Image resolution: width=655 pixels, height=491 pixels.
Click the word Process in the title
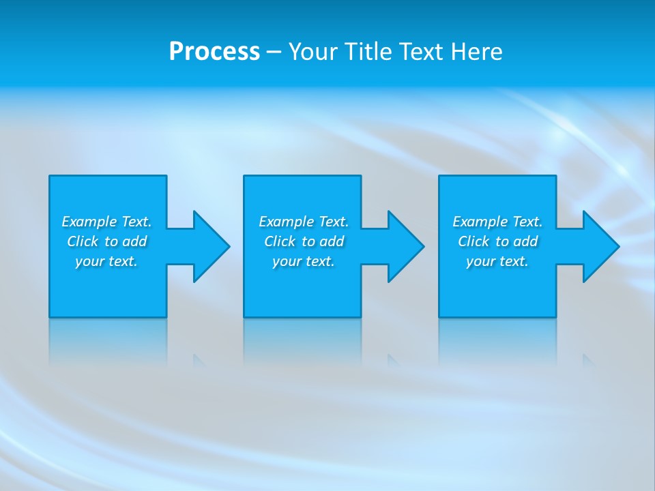[x=214, y=52]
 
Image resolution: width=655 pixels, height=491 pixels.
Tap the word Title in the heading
[x=366, y=52]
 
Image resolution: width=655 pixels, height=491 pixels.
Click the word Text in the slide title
[x=422, y=52]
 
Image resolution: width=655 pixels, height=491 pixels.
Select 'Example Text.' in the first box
[x=106, y=222]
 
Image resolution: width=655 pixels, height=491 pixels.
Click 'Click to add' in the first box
[x=106, y=241]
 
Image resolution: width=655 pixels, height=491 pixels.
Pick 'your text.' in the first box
[x=106, y=261]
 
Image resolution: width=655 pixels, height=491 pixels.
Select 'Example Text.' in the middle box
[x=304, y=222]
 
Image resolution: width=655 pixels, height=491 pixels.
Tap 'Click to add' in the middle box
[x=304, y=241]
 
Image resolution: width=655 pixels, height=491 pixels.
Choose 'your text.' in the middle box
[x=304, y=261]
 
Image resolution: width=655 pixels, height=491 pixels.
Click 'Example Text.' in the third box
[x=497, y=222]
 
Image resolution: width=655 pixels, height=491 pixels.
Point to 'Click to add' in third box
[x=497, y=241]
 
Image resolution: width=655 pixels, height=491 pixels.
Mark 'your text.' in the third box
[x=497, y=261]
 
